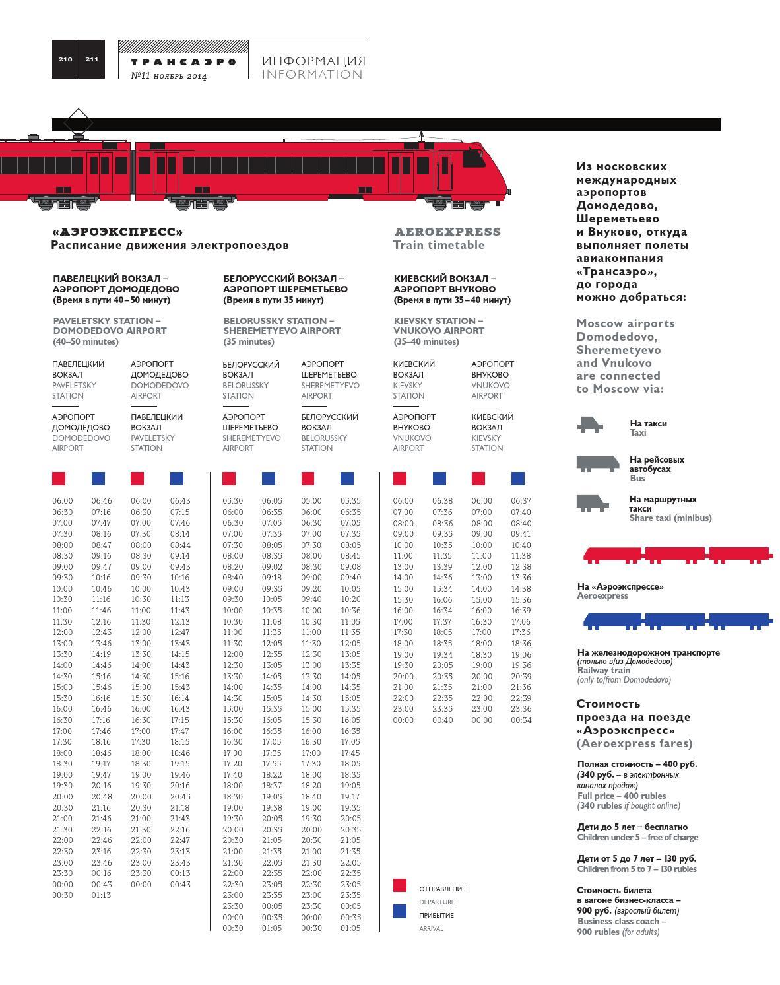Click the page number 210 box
pyautogui.click(x=65, y=59)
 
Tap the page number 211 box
pyautogui.click(x=92, y=59)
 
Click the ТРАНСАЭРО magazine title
pyautogui.click(x=183, y=61)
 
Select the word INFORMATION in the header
pyautogui.click(x=312, y=75)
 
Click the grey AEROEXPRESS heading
pyautogui.click(x=447, y=232)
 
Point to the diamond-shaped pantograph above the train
pyautogui.click(x=78, y=121)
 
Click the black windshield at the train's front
pyautogui.click(x=473, y=158)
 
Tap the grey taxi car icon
pyautogui.click(x=590, y=425)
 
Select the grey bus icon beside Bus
pyautogui.click(x=597, y=464)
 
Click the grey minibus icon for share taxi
pyautogui.click(x=591, y=503)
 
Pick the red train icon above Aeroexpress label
pyautogui.click(x=676, y=555)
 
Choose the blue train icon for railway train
pyautogui.click(x=676, y=621)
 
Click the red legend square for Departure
pyautogui.click(x=399, y=885)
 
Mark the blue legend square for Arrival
pyautogui.click(x=399, y=911)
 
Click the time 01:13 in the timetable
pyautogui.click(x=101, y=895)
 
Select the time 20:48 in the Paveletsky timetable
pyautogui.click(x=101, y=797)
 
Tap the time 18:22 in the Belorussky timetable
pyautogui.click(x=272, y=775)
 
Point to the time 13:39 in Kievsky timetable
pyautogui.click(x=442, y=567)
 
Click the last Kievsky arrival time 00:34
pyautogui.click(x=521, y=720)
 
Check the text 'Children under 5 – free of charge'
pyautogui.click(x=637, y=838)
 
